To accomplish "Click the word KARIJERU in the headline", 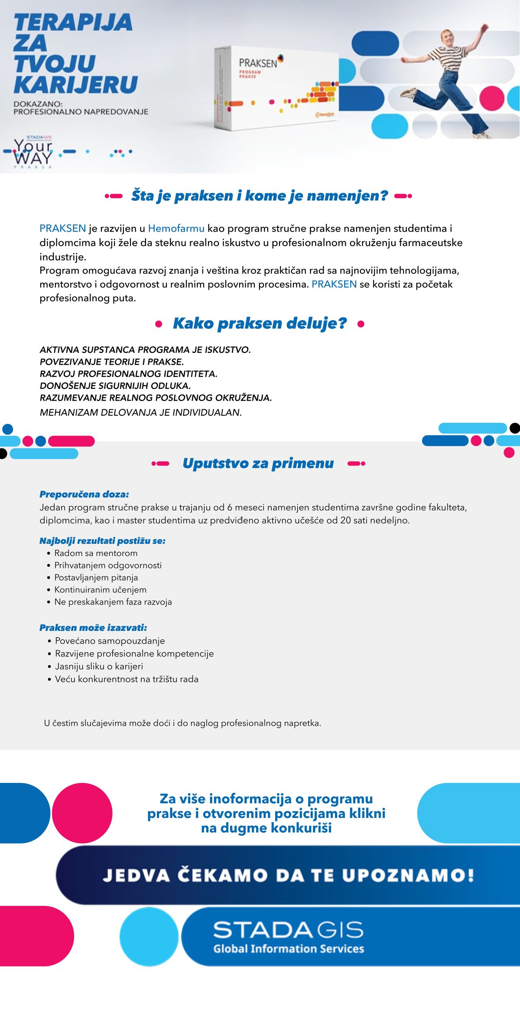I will pyautogui.click(x=76, y=84).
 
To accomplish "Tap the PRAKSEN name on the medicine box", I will pyautogui.click(x=258, y=63).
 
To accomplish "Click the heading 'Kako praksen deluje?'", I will pyautogui.click(x=260, y=323).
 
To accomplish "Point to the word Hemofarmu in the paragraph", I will pyautogui.click(x=176, y=228).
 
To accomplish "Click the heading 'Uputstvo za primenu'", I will pyautogui.click(x=258, y=463).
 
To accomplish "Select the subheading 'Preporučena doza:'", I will pyautogui.click(x=84, y=494).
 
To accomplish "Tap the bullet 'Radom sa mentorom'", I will pyautogui.click(x=96, y=553).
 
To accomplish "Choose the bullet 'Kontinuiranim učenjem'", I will pyautogui.click(x=100, y=589).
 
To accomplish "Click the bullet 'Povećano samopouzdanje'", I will pyautogui.click(x=110, y=640).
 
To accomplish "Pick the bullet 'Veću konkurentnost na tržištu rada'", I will pyautogui.click(x=127, y=679).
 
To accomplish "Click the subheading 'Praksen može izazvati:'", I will pyautogui.click(x=93, y=627).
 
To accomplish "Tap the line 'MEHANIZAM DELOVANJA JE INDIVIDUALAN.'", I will pyautogui.click(x=140, y=412).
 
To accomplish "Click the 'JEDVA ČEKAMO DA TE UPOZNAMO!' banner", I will pyautogui.click(x=288, y=875).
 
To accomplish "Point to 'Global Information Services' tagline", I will pyautogui.click(x=288, y=949).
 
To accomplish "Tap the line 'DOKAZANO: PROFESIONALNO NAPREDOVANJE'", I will pyautogui.click(x=81, y=108).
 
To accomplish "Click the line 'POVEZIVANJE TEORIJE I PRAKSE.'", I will pyautogui.click(x=112, y=362).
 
